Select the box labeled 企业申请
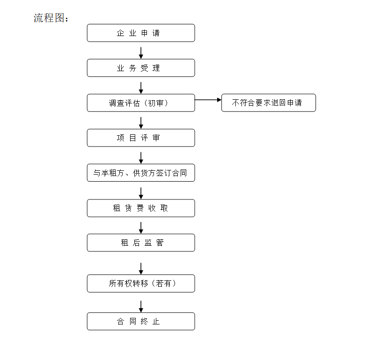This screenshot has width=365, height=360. (x=141, y=33)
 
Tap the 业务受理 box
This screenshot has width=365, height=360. (x=141, y=68)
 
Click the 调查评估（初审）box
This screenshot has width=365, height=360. (x=141, y=103)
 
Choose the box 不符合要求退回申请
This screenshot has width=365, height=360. (x=269, y=103)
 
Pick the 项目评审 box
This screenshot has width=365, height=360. (x=141, y=138)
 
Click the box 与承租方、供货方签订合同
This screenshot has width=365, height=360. (x=141, y=173)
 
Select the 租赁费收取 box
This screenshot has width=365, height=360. (x=141, y=208)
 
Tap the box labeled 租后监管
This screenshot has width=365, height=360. (x=141, y=242)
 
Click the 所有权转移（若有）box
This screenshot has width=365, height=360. (x=141, y=283)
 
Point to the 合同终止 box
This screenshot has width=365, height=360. (x=141, y=321)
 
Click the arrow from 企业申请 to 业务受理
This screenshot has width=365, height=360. (x=141, y=53)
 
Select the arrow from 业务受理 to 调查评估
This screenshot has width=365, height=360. (x=141, y=88)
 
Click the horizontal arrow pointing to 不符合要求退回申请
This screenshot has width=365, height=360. (x=208, y=100)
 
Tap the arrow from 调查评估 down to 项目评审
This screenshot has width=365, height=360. (x=141, y=123)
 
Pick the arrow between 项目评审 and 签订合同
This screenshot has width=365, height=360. (x=141, y=158)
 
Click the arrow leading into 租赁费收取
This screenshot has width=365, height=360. (x=141, y=193)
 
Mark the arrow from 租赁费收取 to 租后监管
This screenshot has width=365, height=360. (x=141, y=228)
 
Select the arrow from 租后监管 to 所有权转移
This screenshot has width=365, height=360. (x=141, y=269)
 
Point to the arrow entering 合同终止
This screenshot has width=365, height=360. (x=141, y=307)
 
